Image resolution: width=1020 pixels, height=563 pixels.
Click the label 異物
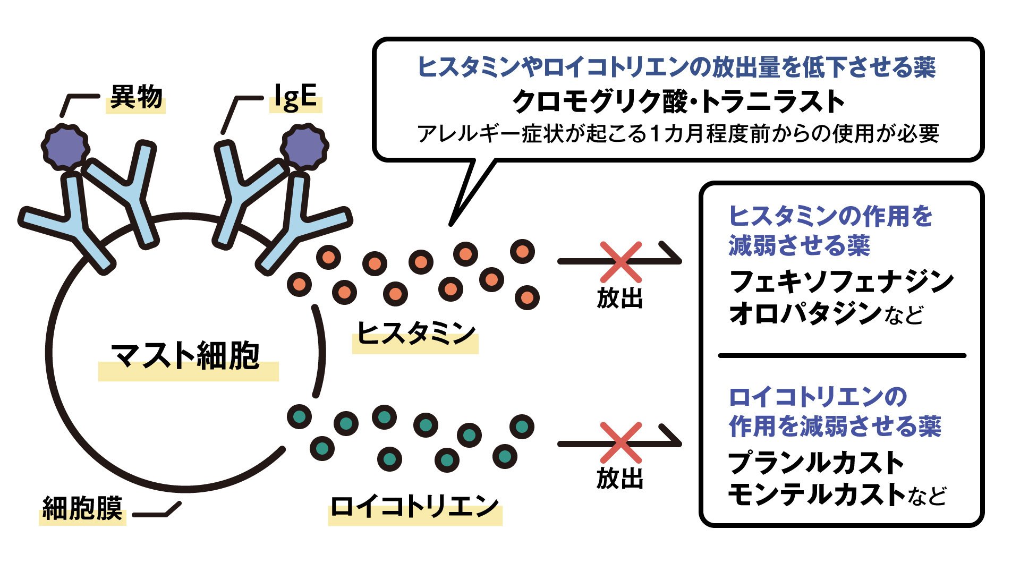tap(136, 98)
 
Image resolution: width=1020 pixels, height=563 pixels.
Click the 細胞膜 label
tap(82, 508)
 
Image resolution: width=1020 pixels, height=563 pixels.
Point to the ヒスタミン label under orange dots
tap(415, 335)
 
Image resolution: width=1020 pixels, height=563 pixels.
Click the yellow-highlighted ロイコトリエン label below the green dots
tap(414, 507)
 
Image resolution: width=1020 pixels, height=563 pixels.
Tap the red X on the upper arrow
tap(620, 261)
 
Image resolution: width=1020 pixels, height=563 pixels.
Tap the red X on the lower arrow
tap(620, 442)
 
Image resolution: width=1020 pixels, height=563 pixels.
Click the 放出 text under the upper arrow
tap(620, 298)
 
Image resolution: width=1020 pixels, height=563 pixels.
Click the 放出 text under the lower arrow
tap(620, 479)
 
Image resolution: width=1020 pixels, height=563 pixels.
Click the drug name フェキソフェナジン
tap(841, 281)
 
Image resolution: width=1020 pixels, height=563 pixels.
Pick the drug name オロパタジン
tap(805, 314)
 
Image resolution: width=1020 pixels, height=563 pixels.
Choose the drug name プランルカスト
tap(815, 463)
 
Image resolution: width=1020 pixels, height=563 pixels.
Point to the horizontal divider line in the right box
tap(841, 355)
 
